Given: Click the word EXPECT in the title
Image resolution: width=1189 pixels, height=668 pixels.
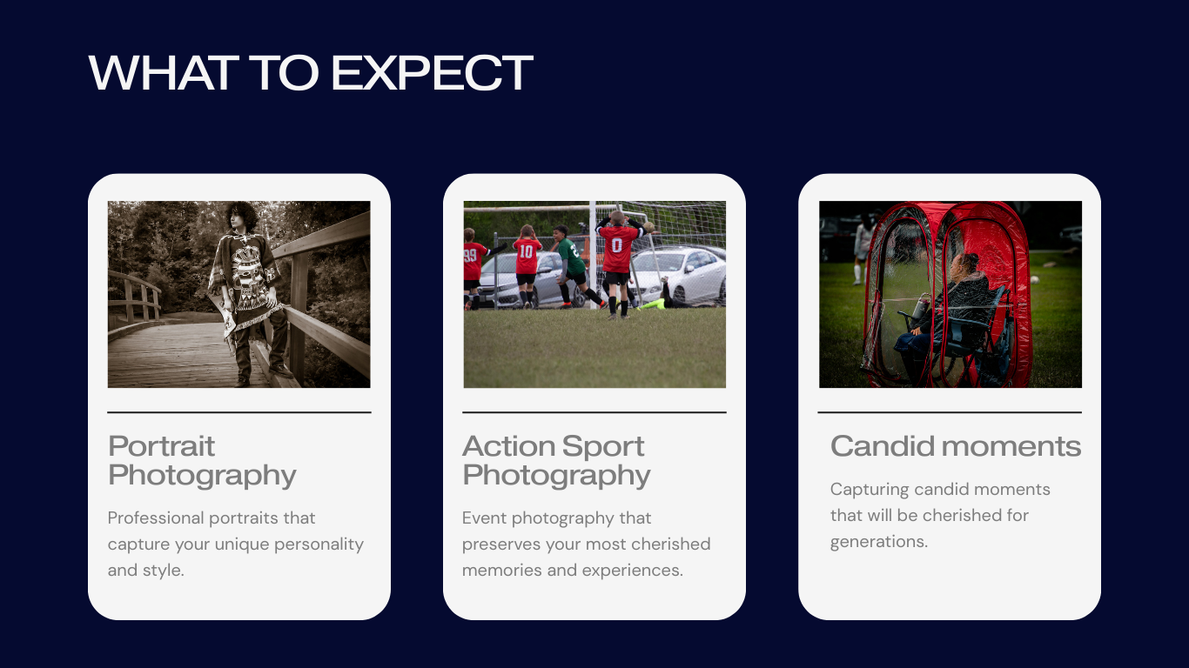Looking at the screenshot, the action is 432,72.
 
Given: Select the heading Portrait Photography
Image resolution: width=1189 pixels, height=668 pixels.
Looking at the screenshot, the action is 202,460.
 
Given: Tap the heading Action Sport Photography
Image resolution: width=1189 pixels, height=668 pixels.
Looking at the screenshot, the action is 556,460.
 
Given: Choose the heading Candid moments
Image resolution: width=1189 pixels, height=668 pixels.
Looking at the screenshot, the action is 956,445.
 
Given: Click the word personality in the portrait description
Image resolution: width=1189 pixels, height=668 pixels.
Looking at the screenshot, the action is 319,544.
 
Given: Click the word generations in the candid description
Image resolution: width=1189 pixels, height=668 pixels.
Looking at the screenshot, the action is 879,542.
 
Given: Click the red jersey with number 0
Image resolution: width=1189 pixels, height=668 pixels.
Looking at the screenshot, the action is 617,250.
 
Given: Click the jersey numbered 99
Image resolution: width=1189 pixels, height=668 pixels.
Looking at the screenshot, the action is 473,261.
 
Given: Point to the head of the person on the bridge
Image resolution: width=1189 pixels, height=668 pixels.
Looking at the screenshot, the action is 241,217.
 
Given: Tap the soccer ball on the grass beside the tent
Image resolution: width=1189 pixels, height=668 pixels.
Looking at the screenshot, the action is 1035,279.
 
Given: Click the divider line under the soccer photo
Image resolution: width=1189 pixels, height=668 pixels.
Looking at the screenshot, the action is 594,412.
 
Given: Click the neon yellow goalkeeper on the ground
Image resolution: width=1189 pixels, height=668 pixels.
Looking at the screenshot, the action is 654,304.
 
